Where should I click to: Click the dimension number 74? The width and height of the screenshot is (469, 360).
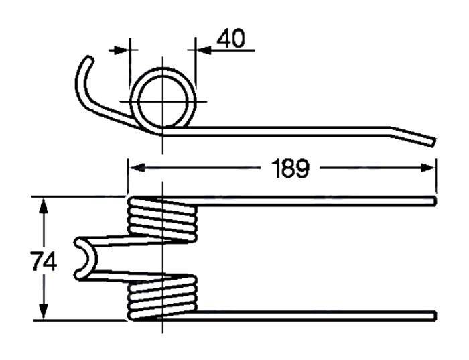pos(44,260)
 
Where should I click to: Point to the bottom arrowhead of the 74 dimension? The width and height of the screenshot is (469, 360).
pos(44,313)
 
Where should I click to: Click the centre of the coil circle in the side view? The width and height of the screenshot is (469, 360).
pos(161,101)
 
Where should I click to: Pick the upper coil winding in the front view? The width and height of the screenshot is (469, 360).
pos(163,219)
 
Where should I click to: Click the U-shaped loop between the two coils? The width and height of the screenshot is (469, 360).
pos(84,258)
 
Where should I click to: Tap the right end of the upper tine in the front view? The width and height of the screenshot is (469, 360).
pos(435,201)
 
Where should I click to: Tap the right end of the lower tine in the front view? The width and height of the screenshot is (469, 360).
pos(435,315)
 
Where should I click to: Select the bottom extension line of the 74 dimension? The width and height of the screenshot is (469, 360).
pos(80,320)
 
